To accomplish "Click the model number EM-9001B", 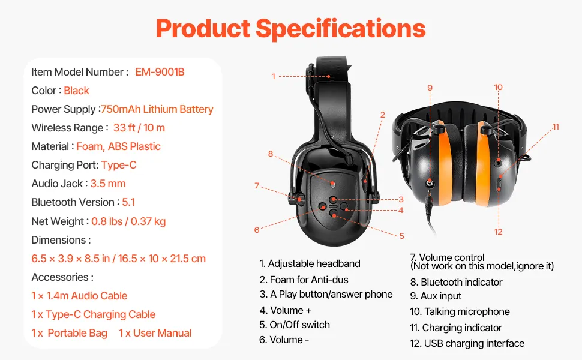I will (x=160, y=72).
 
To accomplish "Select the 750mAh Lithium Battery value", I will (x=157, y=109).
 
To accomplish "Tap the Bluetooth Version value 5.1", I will (x=128, y=202).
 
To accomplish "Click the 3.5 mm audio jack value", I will (x=108, y=184).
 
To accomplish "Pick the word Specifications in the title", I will (x=341, y=28).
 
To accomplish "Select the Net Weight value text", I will (x=128, y=221).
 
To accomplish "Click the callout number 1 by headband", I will (x=273, y=76).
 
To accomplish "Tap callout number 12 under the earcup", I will (x=498, y=232).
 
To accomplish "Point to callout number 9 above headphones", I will (x=430, y=88).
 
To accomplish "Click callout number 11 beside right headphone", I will (x=556, y=127).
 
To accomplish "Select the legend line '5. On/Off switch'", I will (x=295, y=325).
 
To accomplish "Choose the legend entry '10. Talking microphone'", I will (x=460, y=312).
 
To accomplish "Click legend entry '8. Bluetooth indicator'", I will (x=456, y=282).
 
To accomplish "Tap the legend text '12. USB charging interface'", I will (x=467, y=344).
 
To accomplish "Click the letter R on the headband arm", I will (x=332, y=136).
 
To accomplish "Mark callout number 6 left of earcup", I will (x=257, y=229).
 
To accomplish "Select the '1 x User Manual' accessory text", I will (x=155, y=333).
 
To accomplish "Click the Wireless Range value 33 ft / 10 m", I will (x=139, y=128).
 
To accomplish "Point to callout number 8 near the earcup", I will (x=271, y=154).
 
